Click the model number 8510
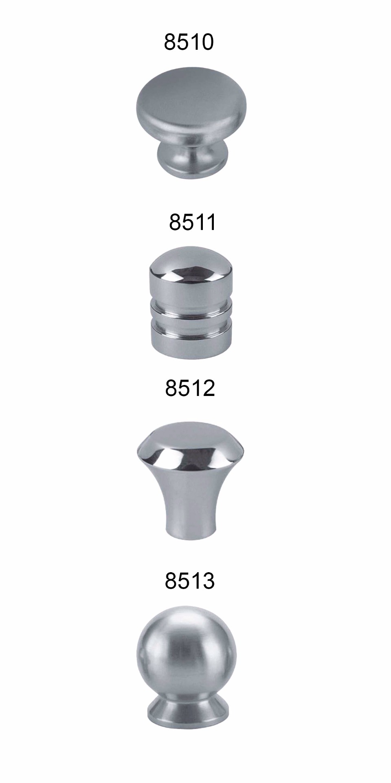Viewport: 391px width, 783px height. [x=189, y=42]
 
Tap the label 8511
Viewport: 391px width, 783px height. [x=192, y=222]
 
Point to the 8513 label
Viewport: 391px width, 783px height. [x=189, y=581]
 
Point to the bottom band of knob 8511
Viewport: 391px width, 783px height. [x=191, y=340]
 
